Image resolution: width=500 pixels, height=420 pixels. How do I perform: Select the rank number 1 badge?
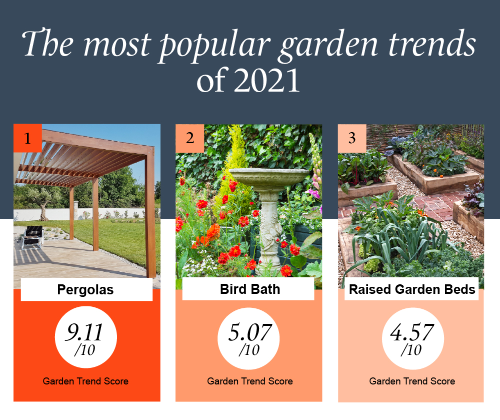click(27, 138)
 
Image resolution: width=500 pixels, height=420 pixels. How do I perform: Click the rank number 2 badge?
click(189, 138)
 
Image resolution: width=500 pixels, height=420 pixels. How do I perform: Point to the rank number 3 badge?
click(352, 138)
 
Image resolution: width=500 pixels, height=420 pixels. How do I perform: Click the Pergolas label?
click(85, 290)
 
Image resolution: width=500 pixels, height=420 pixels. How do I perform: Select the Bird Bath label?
click(250, 289)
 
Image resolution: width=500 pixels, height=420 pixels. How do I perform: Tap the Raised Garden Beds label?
click(412, 289)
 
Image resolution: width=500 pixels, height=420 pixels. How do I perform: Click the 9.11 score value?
click(84, 332)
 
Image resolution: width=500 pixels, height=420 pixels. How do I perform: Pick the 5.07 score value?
click(249, 332)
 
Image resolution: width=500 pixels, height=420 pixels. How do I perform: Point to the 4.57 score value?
click(412, 332)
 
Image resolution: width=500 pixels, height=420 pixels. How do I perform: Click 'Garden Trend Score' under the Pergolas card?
click(85, 381)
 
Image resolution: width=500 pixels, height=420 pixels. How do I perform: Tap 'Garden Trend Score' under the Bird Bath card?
click(250, 381)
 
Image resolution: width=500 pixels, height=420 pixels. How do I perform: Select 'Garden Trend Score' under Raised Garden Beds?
click(412, 381)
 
